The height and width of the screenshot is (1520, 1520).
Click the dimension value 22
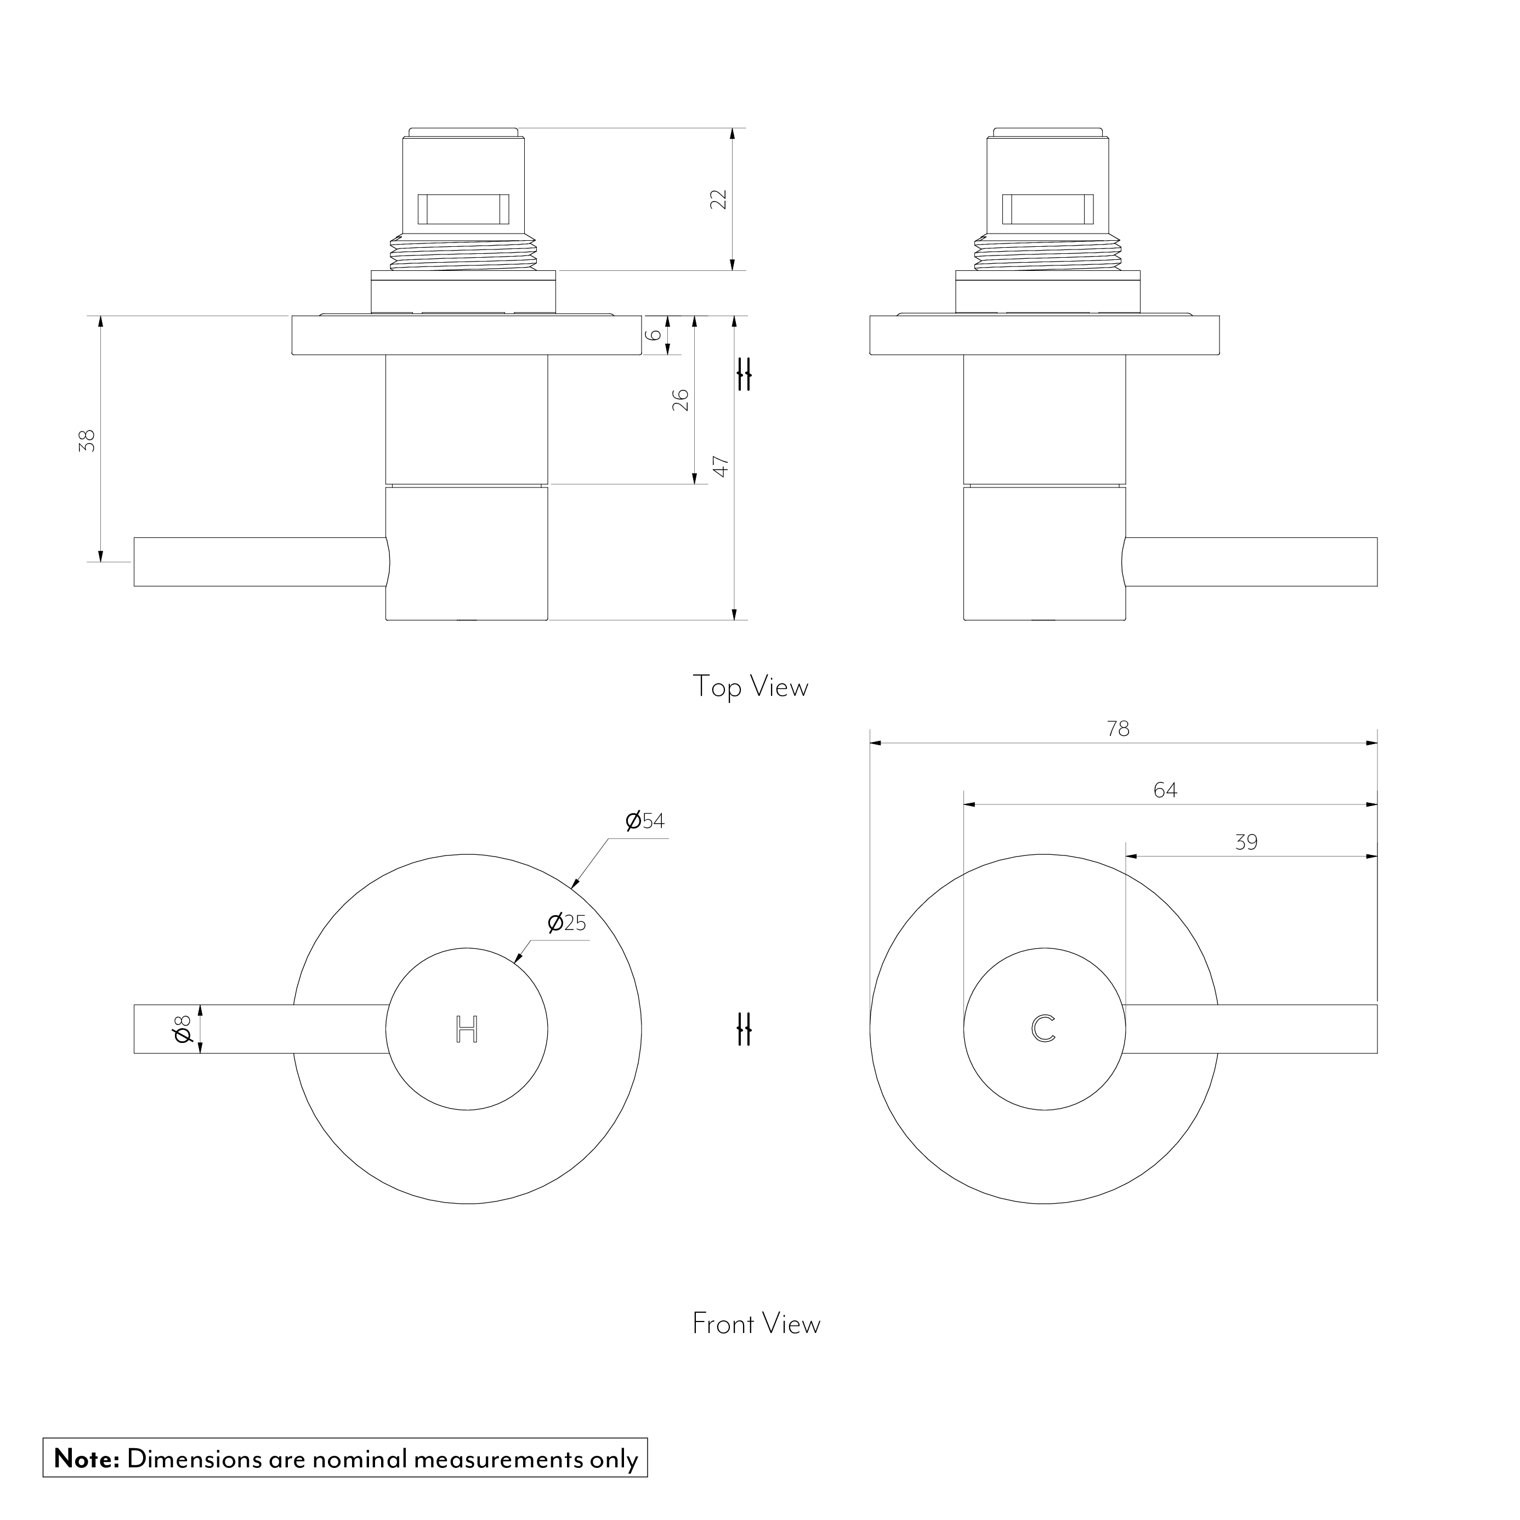coord(718,199)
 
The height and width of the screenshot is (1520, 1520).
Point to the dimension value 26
coord(682,400)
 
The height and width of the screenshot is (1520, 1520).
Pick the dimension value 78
coord(1118,729)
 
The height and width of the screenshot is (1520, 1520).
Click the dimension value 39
coord(1246,843)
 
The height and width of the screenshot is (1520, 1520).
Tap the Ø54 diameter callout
coord(645,821)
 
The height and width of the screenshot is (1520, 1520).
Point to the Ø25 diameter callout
coord(567,923)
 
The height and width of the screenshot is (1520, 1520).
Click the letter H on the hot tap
coord(467,1029)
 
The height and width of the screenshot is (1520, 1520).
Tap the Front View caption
coord(756,1324)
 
